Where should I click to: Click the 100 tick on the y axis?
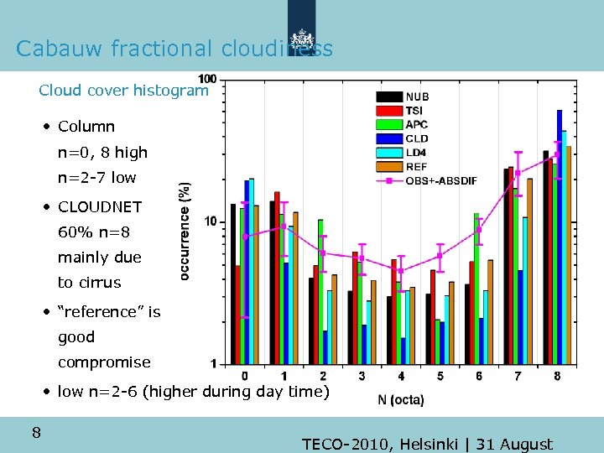tap(207, 79)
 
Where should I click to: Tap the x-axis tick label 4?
tap(401, 376)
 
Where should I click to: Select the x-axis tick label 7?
tap(518, 376)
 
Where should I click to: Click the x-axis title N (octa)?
tap(401, 399)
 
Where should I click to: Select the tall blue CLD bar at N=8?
tap(560, 235)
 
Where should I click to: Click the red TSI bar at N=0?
tap(238, 315)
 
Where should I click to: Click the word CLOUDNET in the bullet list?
tap(100, 206)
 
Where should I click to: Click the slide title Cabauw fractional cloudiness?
tap(174, 49)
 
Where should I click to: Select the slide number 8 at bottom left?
tap(36, 433)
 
